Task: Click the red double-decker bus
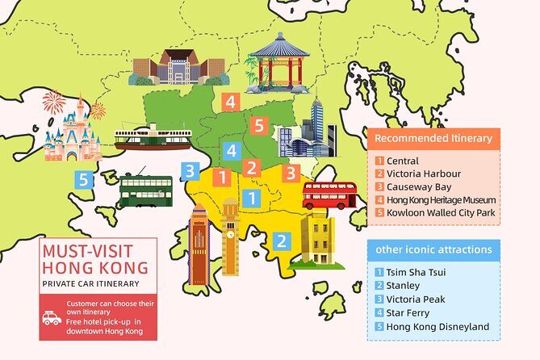point(329,195)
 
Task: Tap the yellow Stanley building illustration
point(317,240)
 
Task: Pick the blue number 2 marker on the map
point(281,240)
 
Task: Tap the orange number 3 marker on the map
point(292,172)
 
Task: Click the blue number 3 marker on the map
point(190,170)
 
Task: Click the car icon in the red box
point(52,318)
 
